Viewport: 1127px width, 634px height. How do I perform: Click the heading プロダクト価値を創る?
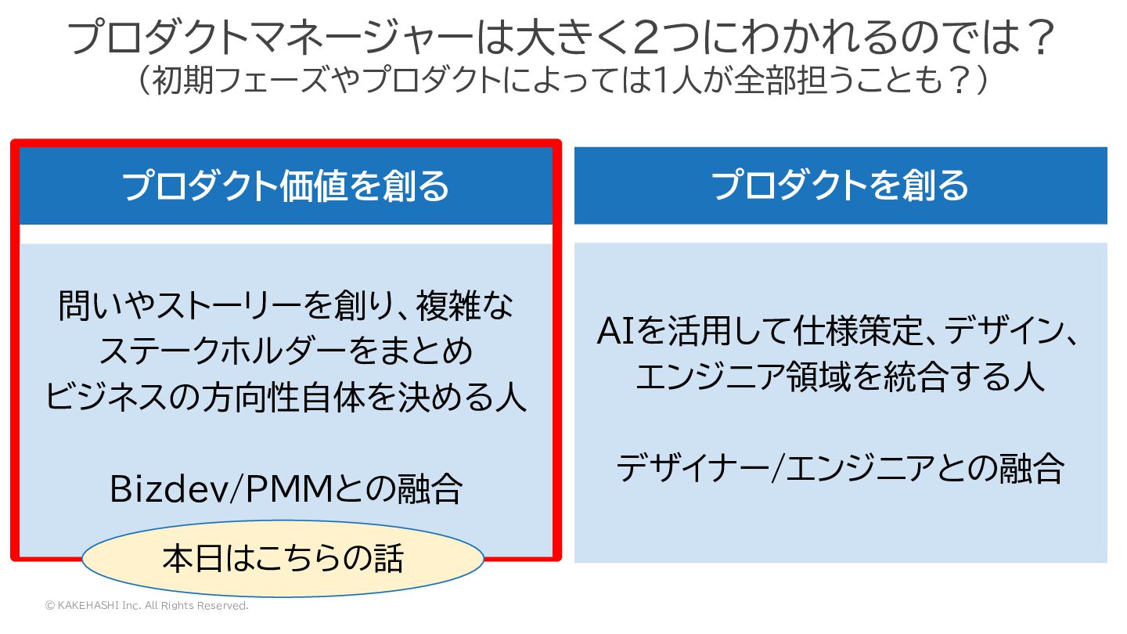[286, 186]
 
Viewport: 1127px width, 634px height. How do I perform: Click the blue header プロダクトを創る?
[841, 186]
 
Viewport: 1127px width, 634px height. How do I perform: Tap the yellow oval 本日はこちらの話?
[283, 559]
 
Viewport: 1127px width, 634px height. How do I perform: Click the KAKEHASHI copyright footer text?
[146, 606]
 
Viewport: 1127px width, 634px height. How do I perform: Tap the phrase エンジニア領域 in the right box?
[728, 378]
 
